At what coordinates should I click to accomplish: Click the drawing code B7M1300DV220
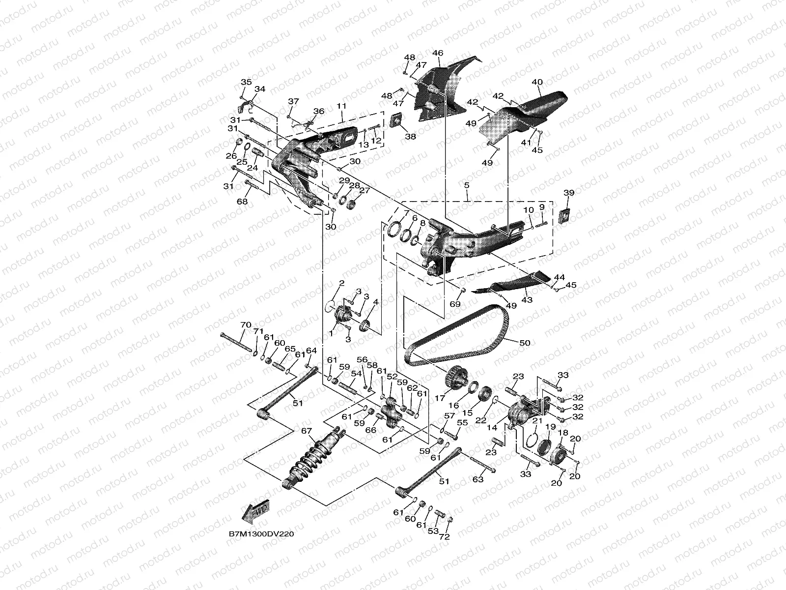click(261, 534)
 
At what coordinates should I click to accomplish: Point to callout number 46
click(437, 53)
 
